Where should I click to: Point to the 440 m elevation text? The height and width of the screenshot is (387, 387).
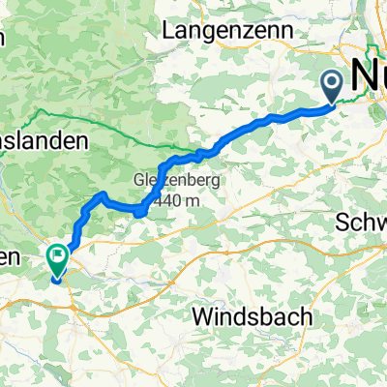[x=172, y=199]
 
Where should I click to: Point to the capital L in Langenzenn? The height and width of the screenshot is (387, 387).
[x=169, y=31]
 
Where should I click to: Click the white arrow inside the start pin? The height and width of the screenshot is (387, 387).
[x=333, y=84]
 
